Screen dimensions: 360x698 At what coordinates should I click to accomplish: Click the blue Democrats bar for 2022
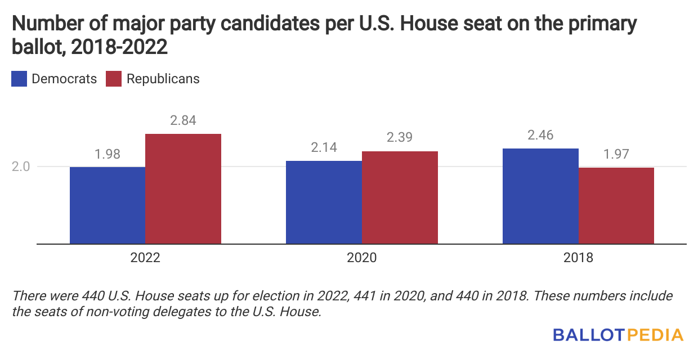(x=108, y=205)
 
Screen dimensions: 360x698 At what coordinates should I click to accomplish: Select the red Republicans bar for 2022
(x=183, y=189)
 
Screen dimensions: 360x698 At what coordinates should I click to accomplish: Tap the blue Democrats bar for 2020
(x=324, y=202)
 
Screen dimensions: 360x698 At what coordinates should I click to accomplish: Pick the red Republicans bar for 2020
(x=400, y=197)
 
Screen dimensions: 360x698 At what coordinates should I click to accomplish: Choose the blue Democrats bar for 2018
(x=540, y=196)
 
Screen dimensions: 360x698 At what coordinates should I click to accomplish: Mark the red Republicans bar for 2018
(x=616, y=205)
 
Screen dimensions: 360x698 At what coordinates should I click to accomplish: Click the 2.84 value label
(x=183, y=121)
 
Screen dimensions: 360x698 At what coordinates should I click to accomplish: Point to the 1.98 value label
(x=108, y=154)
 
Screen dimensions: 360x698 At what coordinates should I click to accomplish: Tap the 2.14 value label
(x=324, y=148)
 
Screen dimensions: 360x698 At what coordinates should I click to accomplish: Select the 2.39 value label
(x=400, y=138)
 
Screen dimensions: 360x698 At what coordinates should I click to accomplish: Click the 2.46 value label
(x=540, y=136)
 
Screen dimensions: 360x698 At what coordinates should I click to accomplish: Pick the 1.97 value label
(x=616, y=155)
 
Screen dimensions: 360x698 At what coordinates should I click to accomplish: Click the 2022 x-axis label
(x=145, y=258)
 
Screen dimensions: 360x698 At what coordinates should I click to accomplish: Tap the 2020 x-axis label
(x=361, y=258)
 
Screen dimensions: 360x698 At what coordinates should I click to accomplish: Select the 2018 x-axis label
(x=578, y=258)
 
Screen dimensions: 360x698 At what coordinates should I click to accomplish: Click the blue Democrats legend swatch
(x=19, y=79)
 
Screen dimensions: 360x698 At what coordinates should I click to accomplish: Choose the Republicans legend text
(x=163, y=79)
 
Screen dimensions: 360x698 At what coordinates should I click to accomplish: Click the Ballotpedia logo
(x=618, y=335)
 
